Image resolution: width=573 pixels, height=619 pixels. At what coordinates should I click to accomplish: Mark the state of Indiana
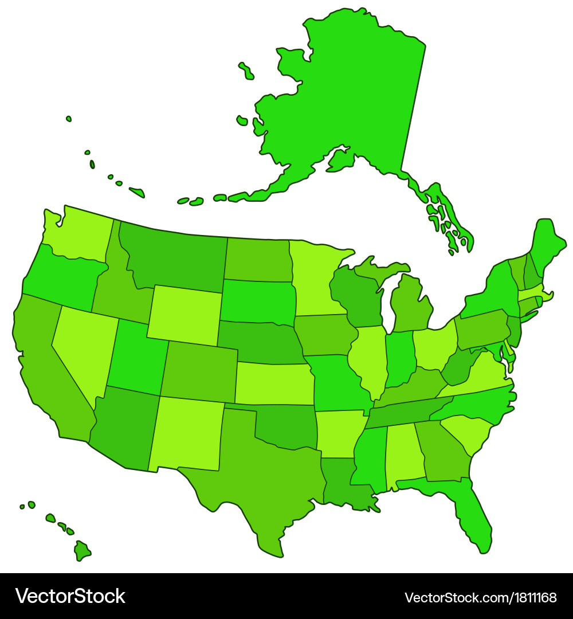point(399,358)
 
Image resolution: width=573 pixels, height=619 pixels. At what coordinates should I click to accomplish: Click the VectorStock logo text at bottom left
point(70,596)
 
